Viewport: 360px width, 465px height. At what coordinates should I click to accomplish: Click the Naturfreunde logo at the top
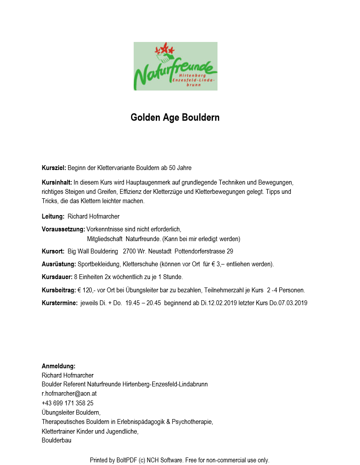coord(176,66)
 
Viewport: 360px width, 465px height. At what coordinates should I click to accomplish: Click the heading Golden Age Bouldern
coord(175,118)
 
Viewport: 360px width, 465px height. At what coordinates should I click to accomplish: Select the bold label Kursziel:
coord(54,168)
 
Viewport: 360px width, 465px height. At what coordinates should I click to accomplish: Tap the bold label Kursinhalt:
coord(57,182)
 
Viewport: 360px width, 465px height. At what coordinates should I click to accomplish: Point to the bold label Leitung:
coord(53,216)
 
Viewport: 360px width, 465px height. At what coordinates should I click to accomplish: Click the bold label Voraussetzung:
coord(63,229)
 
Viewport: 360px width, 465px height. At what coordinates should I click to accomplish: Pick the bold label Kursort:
coord(53,251)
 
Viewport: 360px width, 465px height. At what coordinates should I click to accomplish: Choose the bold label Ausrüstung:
coord(59,265)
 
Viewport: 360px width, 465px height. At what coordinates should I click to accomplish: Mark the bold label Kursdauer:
coord(57,277)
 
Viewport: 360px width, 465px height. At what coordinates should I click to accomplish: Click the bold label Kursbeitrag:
coord(59,290)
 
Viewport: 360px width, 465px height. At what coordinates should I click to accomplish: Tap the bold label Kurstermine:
coord(60,303)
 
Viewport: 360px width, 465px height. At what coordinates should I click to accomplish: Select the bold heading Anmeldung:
coord(59,366)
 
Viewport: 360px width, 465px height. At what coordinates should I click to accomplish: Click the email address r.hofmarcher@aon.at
coord(69,393)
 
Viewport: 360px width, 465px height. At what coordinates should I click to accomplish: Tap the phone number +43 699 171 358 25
coord(67,403)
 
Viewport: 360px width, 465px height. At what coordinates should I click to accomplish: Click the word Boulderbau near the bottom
coord(56,440)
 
